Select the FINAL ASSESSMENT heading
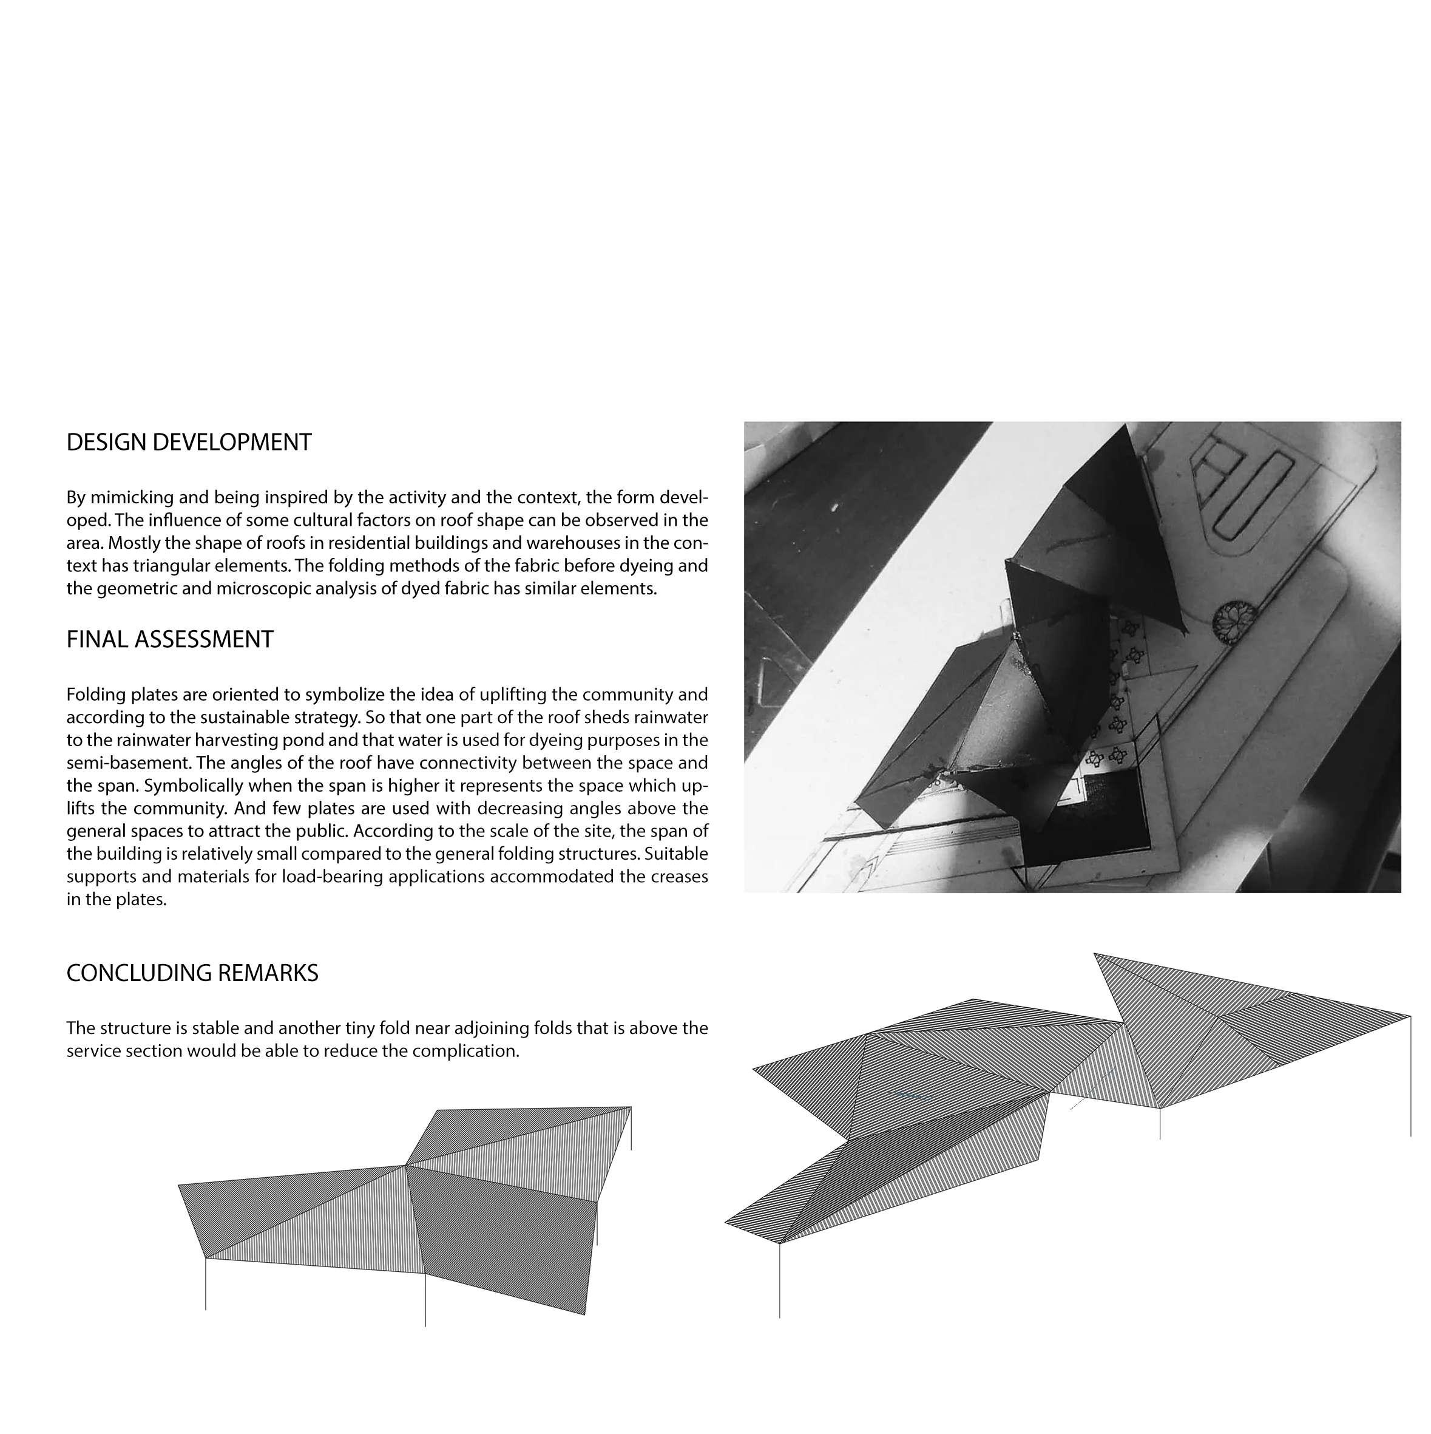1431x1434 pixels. click(x=170, y=639)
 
